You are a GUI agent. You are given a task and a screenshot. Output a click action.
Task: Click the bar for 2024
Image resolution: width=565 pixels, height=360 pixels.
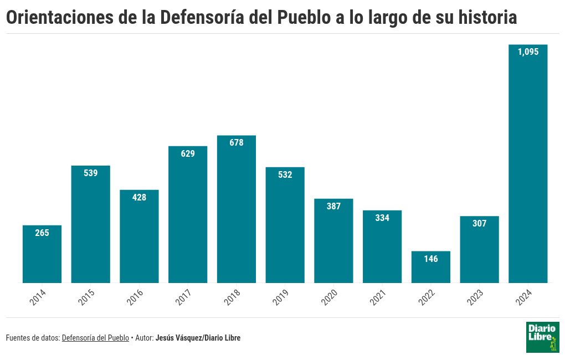click(528, 166)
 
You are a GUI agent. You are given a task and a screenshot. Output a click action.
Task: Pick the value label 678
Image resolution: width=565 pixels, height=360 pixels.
click(237, 142)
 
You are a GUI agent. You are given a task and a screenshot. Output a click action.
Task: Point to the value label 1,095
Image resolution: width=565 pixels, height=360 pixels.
click(528, 52)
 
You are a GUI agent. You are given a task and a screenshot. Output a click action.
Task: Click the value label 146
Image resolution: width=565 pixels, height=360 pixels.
click(430, 259)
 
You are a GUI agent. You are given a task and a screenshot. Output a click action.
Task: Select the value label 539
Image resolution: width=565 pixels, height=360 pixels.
click(91, 173)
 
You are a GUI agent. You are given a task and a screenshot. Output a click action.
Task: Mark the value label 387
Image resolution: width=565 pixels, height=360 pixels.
click(333, 206)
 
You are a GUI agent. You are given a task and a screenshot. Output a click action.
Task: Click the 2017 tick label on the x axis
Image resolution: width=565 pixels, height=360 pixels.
click(184, 297)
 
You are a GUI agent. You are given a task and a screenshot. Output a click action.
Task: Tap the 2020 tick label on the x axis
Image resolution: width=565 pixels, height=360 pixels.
click(330, 297)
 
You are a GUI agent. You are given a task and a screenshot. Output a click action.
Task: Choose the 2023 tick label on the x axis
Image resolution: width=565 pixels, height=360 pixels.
click(475, 297)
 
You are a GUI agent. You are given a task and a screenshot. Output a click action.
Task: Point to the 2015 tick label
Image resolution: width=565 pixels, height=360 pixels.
click(86, 297)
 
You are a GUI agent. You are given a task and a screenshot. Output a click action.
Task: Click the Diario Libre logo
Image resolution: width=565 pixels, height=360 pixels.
click(542, 337)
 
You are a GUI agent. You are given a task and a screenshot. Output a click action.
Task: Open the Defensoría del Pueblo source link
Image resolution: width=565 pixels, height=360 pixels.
click(95, 338)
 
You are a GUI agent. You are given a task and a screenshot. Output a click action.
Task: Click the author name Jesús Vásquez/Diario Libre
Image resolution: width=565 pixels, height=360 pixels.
click(198, 338)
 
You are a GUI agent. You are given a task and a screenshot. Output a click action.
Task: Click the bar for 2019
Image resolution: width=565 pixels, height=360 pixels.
click(285, 227)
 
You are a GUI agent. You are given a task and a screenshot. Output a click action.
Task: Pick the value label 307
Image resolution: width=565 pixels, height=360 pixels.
click(479, 224)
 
